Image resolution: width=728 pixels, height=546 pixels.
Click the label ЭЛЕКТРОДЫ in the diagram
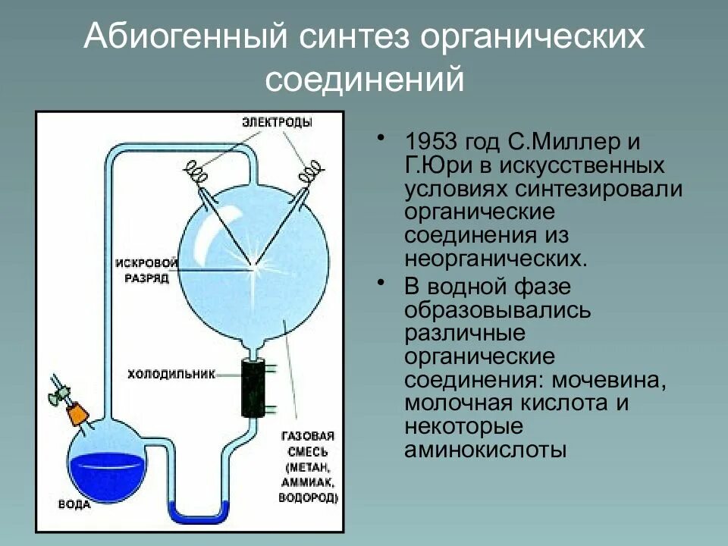click(x=277, y=122)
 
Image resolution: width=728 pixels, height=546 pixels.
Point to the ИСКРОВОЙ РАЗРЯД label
click(x=146, y=270)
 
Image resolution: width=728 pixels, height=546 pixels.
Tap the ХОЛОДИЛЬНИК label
click(x=171, y=374)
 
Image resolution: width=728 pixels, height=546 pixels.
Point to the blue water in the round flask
click(x=105, y=474)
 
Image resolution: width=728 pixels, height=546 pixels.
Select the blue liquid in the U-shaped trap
click(x=196, y=515)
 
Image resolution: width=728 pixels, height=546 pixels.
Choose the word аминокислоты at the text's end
click(x=485, y=450)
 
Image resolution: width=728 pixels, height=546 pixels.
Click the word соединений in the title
click(x=363, y=79)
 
